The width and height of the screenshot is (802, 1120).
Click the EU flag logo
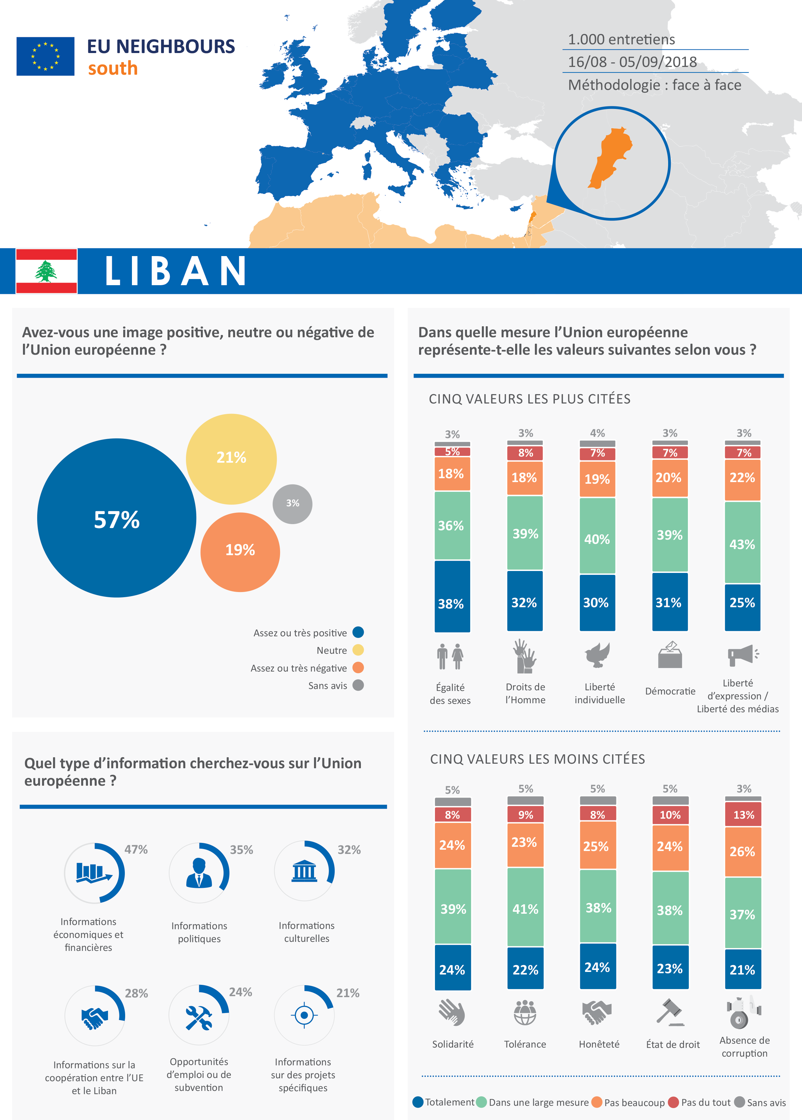click(45, 56)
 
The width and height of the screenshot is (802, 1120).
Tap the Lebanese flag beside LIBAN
click(47, 271)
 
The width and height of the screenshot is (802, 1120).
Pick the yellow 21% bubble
click(231, 458)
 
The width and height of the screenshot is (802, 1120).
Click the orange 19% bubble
click(240, 551)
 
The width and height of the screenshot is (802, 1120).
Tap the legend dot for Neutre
click(358, 650)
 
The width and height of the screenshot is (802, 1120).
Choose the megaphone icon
click(742, 655)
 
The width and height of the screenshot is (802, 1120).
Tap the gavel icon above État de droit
click(670, 1012)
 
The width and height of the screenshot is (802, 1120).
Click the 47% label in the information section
click(136, 849)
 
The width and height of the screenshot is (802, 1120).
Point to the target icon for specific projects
click(304, 1015)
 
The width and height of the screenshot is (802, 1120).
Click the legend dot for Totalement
click(418, 1102)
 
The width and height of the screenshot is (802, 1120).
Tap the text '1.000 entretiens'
click(621, 39)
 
